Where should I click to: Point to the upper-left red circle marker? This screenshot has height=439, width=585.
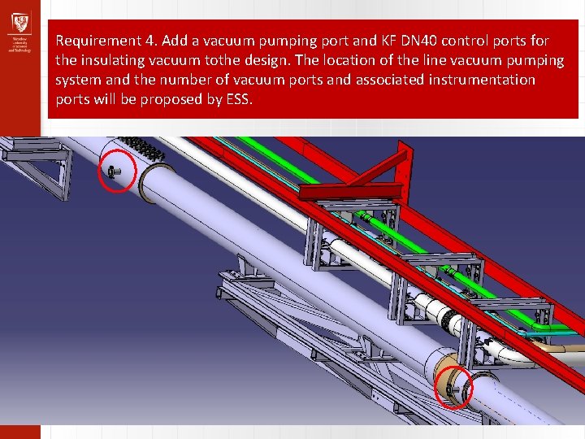pyautogui.click(x=114, y=171)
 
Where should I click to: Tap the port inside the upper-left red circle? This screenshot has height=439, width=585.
pyautogui.click(x=113, y=172)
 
